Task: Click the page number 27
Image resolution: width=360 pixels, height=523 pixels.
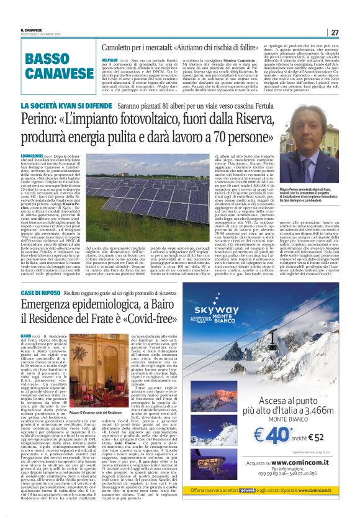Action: click(x=334, y=32)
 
